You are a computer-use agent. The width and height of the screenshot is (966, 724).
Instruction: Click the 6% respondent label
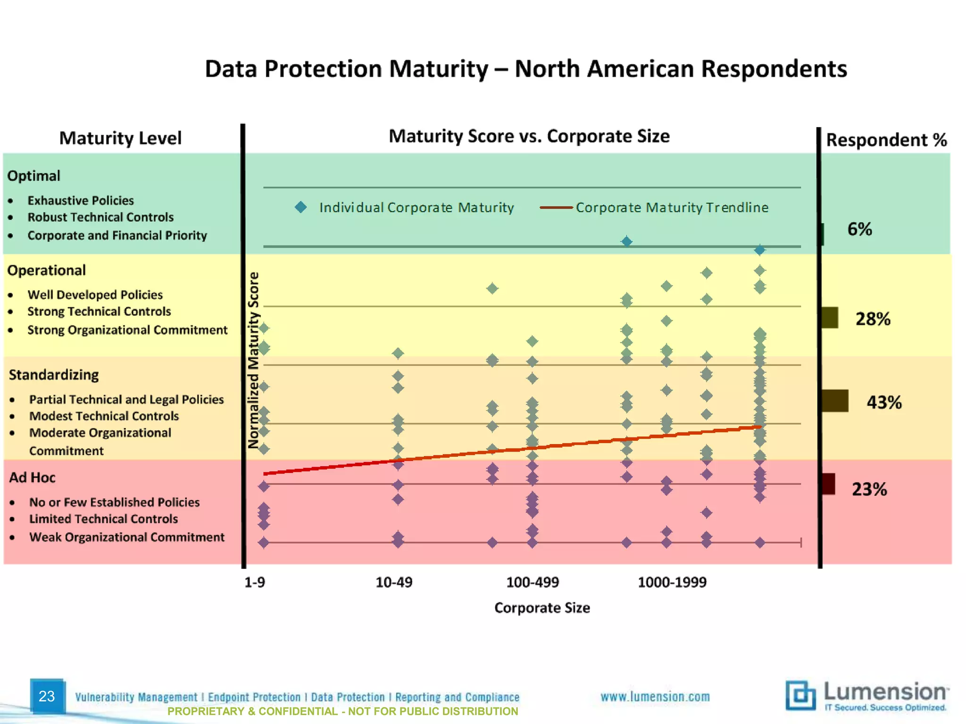tap(859, 230)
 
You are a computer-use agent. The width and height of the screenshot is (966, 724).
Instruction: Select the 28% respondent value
tap(873, 319)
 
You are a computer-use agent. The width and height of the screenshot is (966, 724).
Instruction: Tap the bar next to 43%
tap(834, 401)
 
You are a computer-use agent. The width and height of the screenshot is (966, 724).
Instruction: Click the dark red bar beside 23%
tap(828, 484)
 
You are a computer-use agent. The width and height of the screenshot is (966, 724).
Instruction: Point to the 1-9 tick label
tap(255, 583)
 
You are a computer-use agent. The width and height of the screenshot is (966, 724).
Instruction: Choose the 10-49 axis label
tap(394, 583)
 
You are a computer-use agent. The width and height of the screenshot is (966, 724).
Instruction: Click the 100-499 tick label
tap(533, 583)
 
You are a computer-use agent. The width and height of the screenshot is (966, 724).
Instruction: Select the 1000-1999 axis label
tap(672, 583)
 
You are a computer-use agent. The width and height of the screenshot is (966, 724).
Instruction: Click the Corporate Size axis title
tap(542, 608)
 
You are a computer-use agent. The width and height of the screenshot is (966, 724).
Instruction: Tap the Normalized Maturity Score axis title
tap(254, 360)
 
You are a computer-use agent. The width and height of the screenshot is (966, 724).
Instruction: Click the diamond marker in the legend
tap(300, 207)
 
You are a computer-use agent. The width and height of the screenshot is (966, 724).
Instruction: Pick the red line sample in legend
tap(556, 207)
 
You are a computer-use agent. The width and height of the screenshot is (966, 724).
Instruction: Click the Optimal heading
tap(34, 176)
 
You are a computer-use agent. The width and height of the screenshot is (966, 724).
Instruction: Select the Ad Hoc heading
tap(33, 478)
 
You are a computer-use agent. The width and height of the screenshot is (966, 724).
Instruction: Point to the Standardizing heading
tap(54, 375)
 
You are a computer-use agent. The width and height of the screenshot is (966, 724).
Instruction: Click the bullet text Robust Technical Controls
tap(100, 217)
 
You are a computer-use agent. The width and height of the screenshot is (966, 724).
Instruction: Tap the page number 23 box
tap(47, 696)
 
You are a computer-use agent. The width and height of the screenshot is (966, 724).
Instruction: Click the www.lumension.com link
tap(655, 697)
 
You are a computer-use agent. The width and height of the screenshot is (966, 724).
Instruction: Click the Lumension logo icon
tap(800, 695)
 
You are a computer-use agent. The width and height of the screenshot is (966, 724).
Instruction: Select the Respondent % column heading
tap(886, 140)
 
